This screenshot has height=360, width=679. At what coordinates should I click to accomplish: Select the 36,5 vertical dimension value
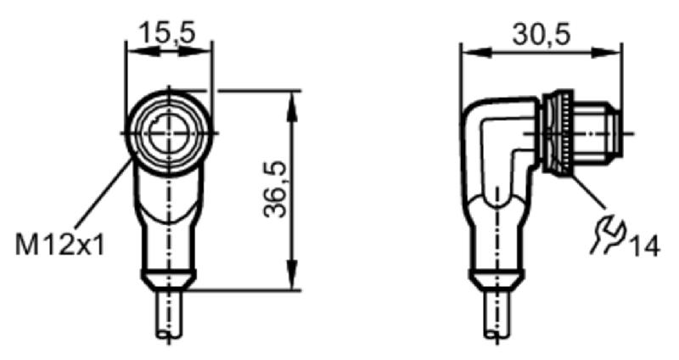pos(275,189)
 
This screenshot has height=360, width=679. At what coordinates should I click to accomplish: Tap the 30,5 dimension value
pos(542,34)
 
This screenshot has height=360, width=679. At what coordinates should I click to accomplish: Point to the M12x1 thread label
pos(60,245)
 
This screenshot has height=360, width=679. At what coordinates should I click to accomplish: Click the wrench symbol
pos(609,233)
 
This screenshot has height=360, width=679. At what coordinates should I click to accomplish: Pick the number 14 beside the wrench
pos(644,247)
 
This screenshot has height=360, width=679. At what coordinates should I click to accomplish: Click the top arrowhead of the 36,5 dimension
pos(293,103)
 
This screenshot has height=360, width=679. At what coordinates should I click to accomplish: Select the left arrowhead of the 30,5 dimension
pos(476,53)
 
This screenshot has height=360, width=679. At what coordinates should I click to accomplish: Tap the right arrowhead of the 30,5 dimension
pos(607,53)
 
